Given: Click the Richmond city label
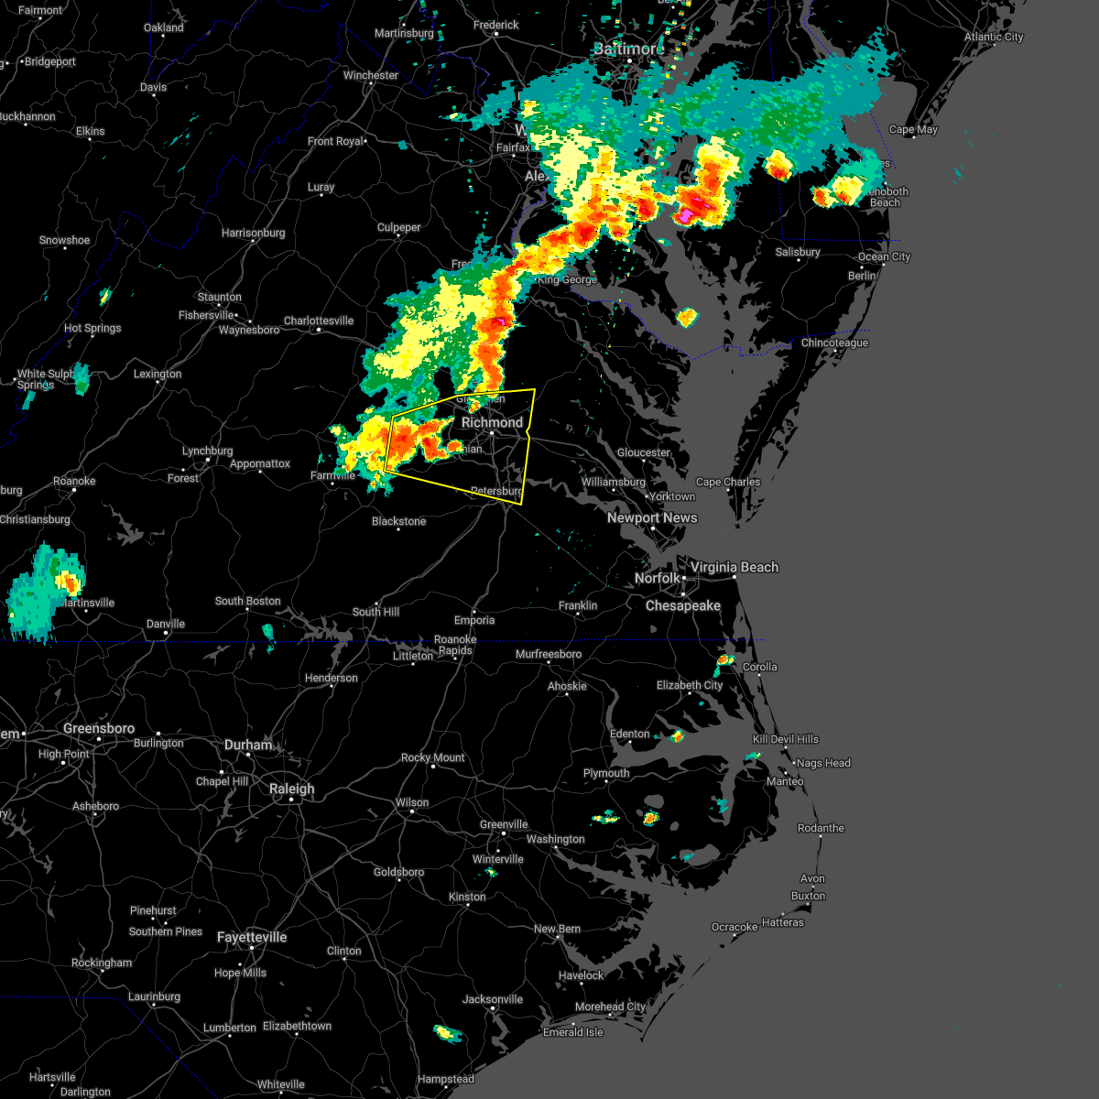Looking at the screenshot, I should click(x=492, y=422).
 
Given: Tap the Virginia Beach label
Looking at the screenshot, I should click(x=734, y=567).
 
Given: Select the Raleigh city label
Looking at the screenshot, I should click(x=291, y=789).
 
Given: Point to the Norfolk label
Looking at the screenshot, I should click(x=658, y=579).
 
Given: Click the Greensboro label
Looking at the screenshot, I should click(x=99, y=728).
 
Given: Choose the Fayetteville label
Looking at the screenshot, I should click(x=252, y=937).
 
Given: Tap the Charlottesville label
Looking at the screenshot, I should click(x=319, y=321).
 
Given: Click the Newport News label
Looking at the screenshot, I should click(x=652, y=517).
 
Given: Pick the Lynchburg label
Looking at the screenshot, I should click(x=207, y=451).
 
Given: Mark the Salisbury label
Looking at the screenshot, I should click(x=798, y=252).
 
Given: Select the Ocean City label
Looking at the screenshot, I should click(x=885, y=256).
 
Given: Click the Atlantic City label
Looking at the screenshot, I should click(x=994, y=37).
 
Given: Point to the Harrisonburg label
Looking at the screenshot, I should click(x=254, y=233).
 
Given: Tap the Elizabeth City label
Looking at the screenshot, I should click(x=690, y=685).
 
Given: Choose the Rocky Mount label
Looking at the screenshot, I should click(x=433, y=757).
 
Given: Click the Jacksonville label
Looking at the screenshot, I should click(x=493, y=999).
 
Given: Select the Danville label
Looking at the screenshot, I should click(x=166, y=624).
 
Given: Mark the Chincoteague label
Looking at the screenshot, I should click(x=834, y=343).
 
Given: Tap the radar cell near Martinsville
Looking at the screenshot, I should click(x=46, y=586).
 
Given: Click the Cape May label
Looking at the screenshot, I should click(x=913, y=129).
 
